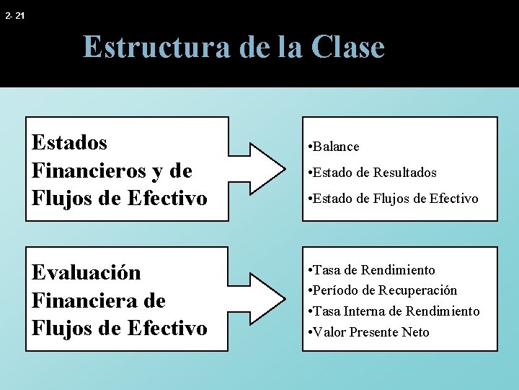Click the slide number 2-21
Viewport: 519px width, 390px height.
(14, 14)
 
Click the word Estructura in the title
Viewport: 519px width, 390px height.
(156, 47)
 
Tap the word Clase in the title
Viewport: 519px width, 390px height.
(348, 47)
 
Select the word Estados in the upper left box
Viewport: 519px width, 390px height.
(70, 142)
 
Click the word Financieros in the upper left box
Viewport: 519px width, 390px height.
(92, 170)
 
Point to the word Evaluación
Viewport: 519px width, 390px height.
(86, 273)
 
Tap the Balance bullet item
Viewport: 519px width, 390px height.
(333, 147)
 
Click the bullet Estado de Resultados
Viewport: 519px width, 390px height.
(372, 173)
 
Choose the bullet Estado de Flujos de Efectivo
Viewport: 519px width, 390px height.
(392, 199)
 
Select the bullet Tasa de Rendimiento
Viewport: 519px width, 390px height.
(371, 270)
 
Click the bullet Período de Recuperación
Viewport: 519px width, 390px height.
(382, 290)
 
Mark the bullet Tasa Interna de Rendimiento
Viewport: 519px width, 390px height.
(393, 311)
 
